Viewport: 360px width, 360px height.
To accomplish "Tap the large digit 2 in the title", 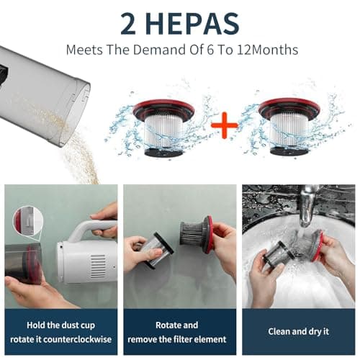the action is click(x=128, y=23).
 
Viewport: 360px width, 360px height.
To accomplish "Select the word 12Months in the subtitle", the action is click(x=268, y=50).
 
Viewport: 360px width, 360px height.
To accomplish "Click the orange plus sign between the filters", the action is click(x=224, y=126).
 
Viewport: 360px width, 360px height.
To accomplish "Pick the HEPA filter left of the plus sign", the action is click(x=164, y=128).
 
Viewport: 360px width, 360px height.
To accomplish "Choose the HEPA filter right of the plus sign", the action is click(x=289, y=127).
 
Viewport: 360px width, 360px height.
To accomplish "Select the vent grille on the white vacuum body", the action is click(x=98, y=266).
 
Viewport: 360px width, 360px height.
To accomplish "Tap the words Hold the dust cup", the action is click(x=61, y=325).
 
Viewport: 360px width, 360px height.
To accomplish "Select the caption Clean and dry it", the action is click(x=298, y=332).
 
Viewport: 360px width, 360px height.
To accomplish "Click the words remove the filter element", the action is click(x=177, y=339).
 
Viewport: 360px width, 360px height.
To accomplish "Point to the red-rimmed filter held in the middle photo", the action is click(x=197, y=234).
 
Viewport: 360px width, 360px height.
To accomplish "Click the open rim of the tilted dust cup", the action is click(x=77, y=115).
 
